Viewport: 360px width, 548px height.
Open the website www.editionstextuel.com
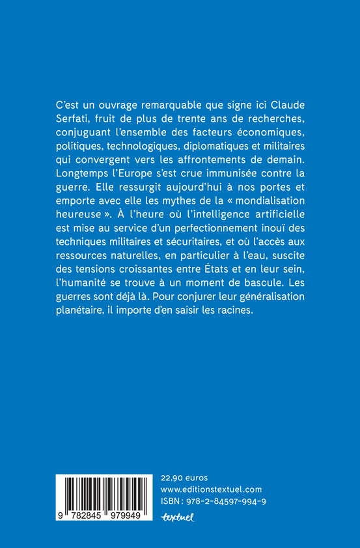point(211,489)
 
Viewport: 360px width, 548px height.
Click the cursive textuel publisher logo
point(178,518)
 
